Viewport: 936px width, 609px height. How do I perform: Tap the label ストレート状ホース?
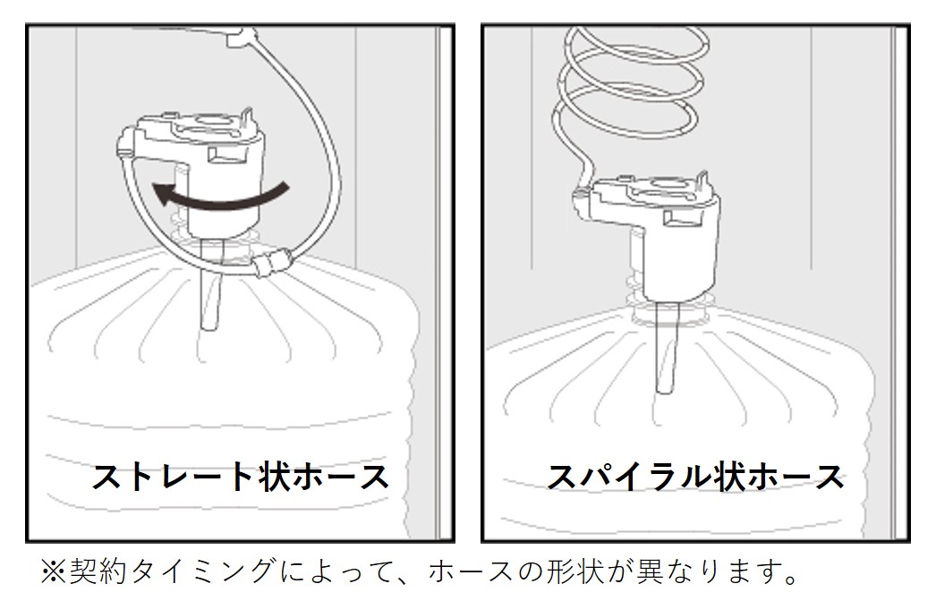click(241, 478)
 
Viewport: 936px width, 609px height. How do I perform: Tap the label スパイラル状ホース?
click(695, 478)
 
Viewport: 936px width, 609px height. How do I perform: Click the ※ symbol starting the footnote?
click(53, 571)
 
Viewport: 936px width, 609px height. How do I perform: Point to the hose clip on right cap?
click(580, 197)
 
